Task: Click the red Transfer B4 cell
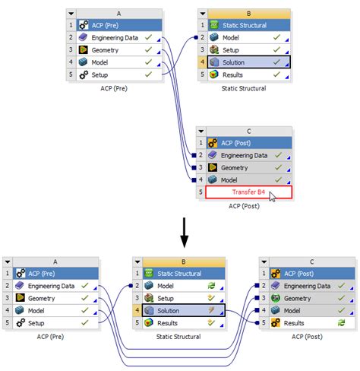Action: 249,192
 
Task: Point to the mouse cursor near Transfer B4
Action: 273,196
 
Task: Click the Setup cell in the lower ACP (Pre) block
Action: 53,323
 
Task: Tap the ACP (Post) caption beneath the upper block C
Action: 243,206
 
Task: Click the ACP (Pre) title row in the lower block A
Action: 53,273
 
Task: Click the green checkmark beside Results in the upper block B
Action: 276,75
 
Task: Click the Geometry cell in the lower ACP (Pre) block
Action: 53,298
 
